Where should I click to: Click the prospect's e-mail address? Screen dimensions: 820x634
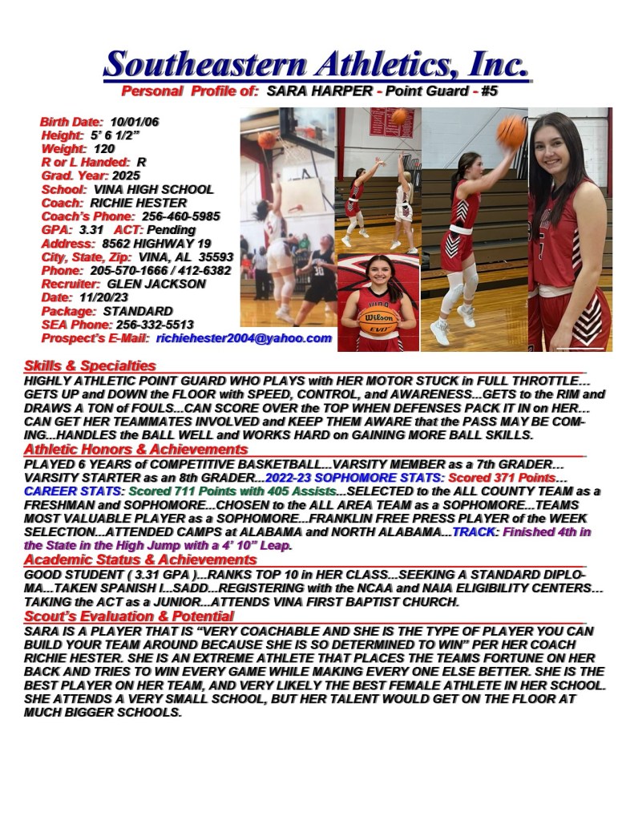pos(244,338)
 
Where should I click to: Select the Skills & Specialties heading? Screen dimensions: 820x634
pos(90,366)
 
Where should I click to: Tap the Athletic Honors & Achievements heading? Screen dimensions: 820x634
pos(135,450)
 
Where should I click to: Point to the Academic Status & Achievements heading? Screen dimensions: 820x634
pos(140,559)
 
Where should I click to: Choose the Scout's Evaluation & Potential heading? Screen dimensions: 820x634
pos(128,616)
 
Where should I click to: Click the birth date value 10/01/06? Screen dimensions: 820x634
pos(135,122)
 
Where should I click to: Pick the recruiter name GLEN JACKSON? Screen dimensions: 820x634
pos(155,284)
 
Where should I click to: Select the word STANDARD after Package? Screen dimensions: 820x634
pos(138,311)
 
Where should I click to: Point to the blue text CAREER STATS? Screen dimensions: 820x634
pos(74,491)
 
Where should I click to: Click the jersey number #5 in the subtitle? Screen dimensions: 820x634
pos(489,91)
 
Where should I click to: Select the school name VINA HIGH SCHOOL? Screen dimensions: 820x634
pos(154,189)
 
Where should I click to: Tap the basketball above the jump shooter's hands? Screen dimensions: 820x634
pos(511,131)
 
